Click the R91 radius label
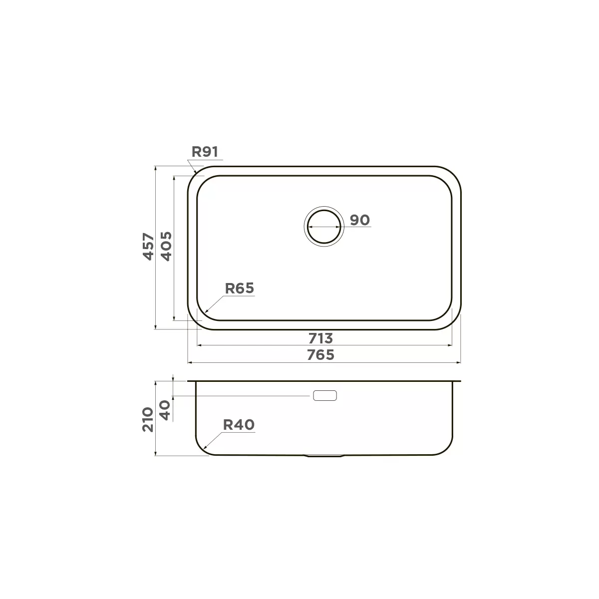click(206, 152)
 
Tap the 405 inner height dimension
click(166, 247)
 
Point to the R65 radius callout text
click(240, 289)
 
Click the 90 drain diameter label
click(359, 220)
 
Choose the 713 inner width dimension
click(320, 338)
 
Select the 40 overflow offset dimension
click(166, 410)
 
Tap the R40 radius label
click(239, 425)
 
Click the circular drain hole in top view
click(324, 226)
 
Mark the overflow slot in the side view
click(325, 396)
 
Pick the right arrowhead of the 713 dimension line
click(450, 345)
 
